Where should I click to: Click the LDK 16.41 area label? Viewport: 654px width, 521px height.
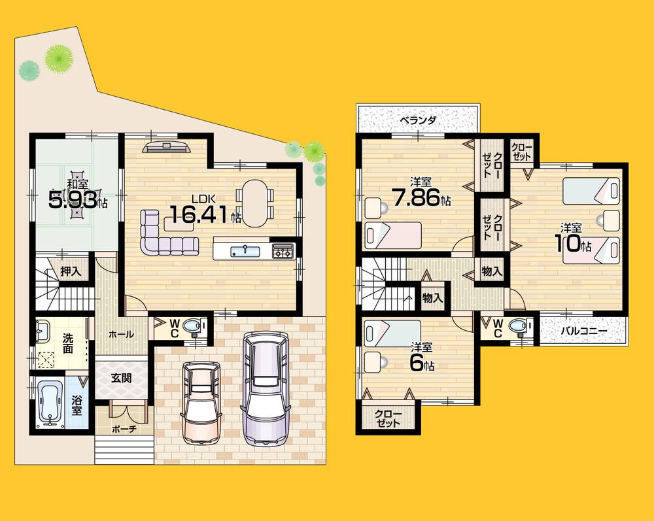coord(205,211)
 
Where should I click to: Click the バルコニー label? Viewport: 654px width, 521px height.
coord(583,331)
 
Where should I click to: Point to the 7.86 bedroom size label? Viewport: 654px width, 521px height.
coord(421,197)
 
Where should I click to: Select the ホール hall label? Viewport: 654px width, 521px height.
coord(121,334)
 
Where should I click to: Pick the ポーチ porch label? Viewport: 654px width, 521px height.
coord(124,429)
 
